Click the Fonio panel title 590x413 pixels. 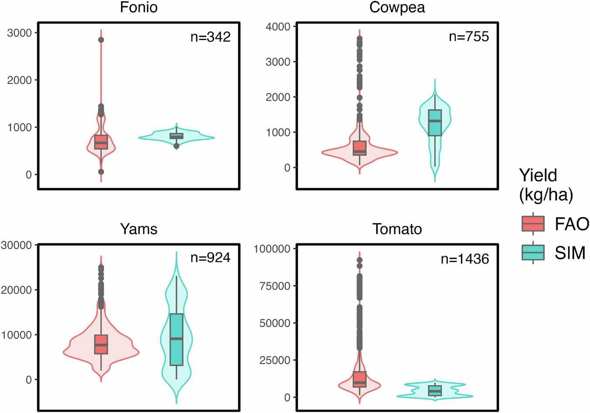pyautogui.click(x=139, y=7)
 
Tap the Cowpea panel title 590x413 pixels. pyautogui.click(x=397, y=7)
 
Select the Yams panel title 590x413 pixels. pyautogui.click(x=139, y=229)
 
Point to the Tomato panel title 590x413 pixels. pyautogui.click(x=397, y=229)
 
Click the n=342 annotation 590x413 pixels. pyautogui.click(x=210, y=37)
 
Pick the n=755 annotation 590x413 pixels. pyautogui.click(x=469, y=36)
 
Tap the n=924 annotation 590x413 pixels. pyautogui.click(x=210, y=258)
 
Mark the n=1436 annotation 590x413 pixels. pyautogui.click(x=465, y=259)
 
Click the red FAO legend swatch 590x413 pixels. pyautogui.click(x=533, y=224)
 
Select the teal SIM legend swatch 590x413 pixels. pyautogui.click(x=533, y=253)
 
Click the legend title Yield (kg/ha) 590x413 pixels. pyautogui.click(x=545, y=185)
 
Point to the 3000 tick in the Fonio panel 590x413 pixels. pyautogui.click(x=20, y=33)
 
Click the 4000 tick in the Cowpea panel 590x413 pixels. pyautogui.click(x=278, y=27)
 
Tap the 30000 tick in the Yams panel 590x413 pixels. pyautogui.click(x=17, y=245)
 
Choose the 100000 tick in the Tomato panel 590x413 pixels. pyautogui.click(x=272, y=249)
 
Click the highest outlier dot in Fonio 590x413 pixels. pyautogui.click(x=101, y=40)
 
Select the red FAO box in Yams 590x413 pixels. pyautogui.click(x=101, y=344)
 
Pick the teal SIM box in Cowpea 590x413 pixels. pyautogui.click(x=435, y=123)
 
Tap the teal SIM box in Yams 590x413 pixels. pyautogui.click(x=176, y=339)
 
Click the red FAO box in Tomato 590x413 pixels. pyautogui.click(x=360, y=379)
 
